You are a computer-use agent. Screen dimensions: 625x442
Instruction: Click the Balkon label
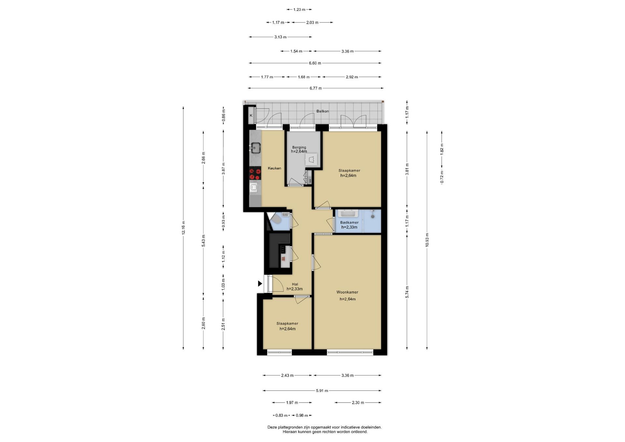(323, 111)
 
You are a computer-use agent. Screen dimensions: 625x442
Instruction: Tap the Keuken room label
(274, 168)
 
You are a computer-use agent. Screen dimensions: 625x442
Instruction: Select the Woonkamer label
(347, 292)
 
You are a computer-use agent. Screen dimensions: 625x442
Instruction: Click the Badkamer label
(349, 223)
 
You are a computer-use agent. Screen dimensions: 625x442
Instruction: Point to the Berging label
(299, 147)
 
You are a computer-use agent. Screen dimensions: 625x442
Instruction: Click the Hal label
(295, 284)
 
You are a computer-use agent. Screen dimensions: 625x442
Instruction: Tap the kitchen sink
(255, 148)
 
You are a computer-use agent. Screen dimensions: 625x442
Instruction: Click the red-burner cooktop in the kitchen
(255, 173)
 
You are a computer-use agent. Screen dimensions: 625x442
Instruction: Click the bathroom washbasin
(349, 214)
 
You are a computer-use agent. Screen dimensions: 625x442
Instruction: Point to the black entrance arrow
(260, 283)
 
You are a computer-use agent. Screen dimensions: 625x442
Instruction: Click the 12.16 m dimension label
(183, 228)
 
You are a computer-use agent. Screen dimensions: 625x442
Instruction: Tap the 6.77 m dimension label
(316, 88)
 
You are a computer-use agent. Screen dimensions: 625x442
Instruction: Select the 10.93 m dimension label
(427, 240)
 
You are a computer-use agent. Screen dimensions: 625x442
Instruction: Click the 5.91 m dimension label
(322, 391)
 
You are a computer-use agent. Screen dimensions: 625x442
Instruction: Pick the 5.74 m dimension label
(407, 292)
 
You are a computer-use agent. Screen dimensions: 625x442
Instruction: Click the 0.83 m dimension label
(281, 415)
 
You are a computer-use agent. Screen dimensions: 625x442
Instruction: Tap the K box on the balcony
(251, 116)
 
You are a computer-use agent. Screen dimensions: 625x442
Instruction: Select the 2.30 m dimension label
(358, 403)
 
